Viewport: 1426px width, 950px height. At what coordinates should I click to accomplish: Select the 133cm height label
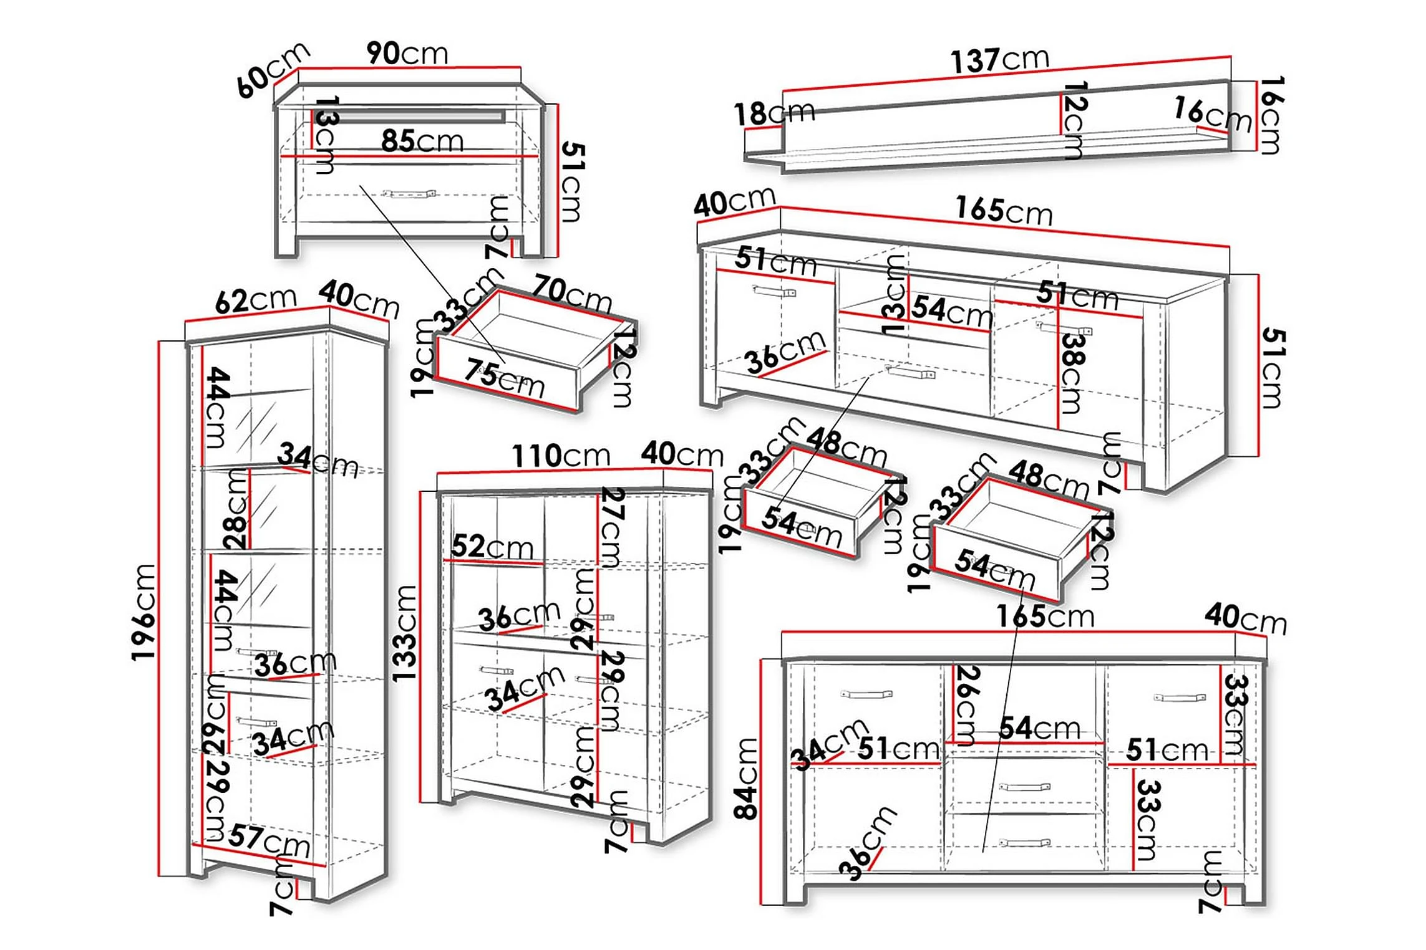[x=405, y=633]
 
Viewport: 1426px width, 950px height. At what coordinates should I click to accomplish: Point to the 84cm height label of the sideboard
[x=747, y=779]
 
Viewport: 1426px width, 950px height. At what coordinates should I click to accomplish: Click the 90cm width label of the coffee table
[x=407, y=54]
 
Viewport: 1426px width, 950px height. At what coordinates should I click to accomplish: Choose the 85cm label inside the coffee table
[x=422, y=142]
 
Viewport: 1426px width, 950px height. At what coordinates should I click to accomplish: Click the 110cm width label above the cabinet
[x=560, y=456]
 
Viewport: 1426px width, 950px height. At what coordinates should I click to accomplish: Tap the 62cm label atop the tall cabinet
[x=255, y=300]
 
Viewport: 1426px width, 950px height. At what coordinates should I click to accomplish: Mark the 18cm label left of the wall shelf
[x=774, y=113]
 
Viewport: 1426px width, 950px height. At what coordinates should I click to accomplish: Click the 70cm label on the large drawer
[x=571, y=293]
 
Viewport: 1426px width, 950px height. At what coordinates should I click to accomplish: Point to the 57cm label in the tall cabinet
[x=269, y=840]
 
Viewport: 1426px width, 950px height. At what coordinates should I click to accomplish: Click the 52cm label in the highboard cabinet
[x=492, y=547]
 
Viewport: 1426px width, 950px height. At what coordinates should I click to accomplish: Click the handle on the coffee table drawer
[x=409, y=194]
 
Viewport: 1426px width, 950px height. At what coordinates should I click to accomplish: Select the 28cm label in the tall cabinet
[x=236, y=509]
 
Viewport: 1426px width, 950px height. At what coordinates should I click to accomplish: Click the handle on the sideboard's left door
[x=866, y=694]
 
